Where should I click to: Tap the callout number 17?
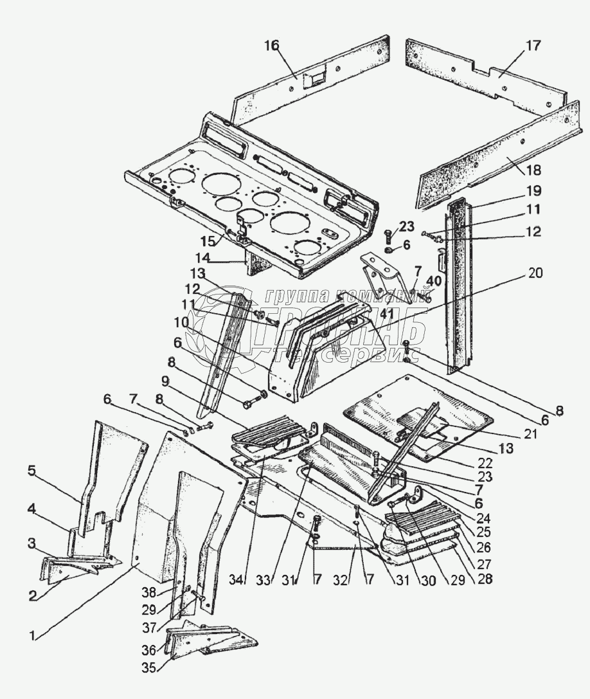[533, 46]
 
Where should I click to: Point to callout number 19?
[534, 191]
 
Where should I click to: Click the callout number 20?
[535, 273]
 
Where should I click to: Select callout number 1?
[35, 636]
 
